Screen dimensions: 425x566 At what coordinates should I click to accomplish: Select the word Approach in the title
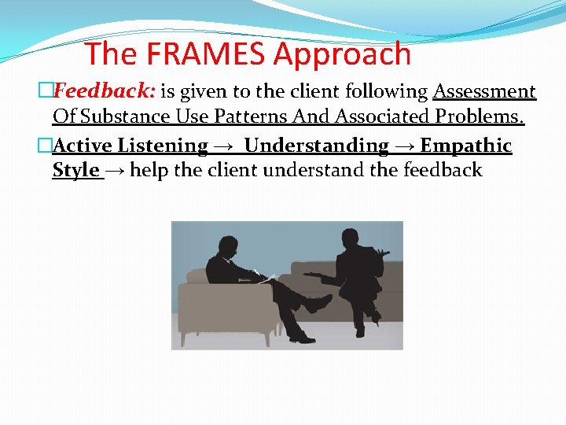click(342, 54)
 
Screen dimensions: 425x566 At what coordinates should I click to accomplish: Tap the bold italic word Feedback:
click(104, 92)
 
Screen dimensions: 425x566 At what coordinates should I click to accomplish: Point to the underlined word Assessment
click(484, 92)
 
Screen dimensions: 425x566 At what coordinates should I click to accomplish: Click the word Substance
click(128, 117)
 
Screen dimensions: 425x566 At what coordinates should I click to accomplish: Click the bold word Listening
click(163, 146)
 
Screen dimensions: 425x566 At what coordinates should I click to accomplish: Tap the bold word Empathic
click(466, 146)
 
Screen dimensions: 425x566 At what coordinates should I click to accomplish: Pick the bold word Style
click(75, 170)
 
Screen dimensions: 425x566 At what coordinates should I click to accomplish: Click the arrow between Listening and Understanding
click(222, 146)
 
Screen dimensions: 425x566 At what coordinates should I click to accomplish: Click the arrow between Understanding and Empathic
click(404, 146)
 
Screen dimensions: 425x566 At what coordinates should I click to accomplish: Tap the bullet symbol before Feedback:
click(46, 92)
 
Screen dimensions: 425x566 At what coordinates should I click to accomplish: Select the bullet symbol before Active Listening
click(46, 146)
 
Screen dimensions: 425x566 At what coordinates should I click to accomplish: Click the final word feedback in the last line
click(443, 170)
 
